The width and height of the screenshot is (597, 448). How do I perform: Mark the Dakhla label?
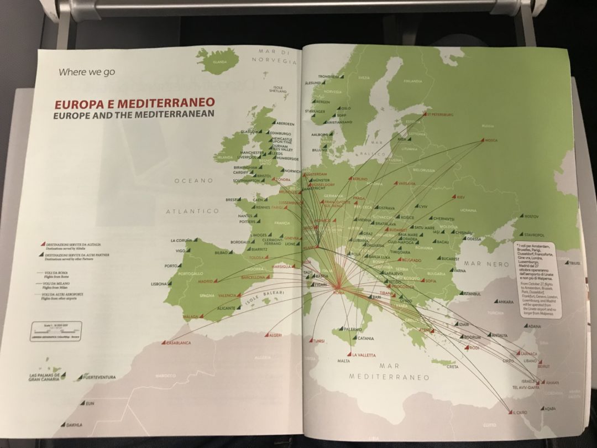(x=74, y=425)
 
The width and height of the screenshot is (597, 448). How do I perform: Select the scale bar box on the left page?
(x=56, y=331)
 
